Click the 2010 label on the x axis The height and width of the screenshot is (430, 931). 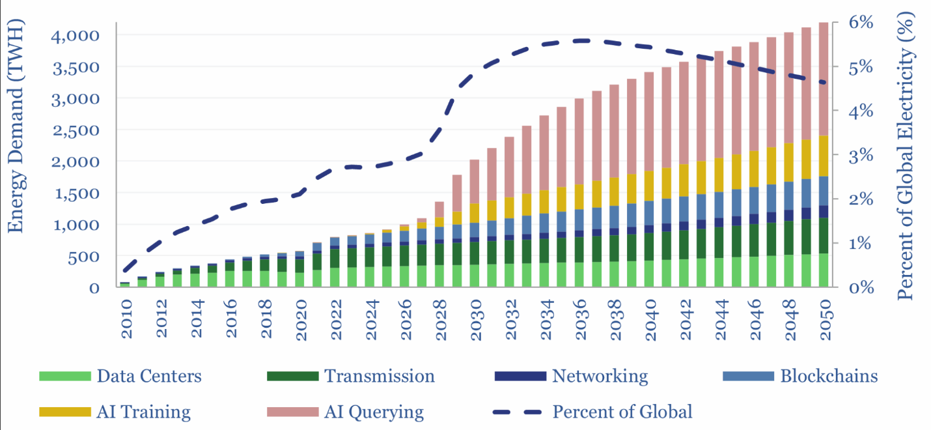pos(125,320)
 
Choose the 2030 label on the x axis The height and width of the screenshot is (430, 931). pos(475,320)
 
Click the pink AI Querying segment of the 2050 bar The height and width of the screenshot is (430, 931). pos(824,78)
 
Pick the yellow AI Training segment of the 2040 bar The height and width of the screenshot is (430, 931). pos(648,186)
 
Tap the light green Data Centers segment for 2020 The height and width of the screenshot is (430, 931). pos(300,279)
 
